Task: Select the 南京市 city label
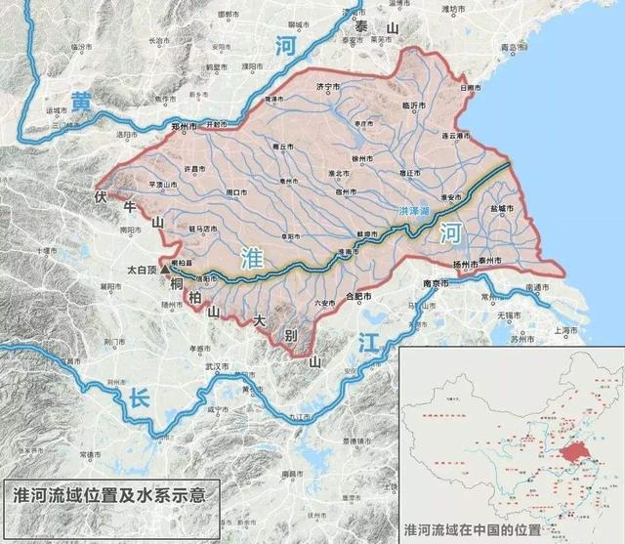click(x=435, y=283)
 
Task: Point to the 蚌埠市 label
click(x=366, y=235)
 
